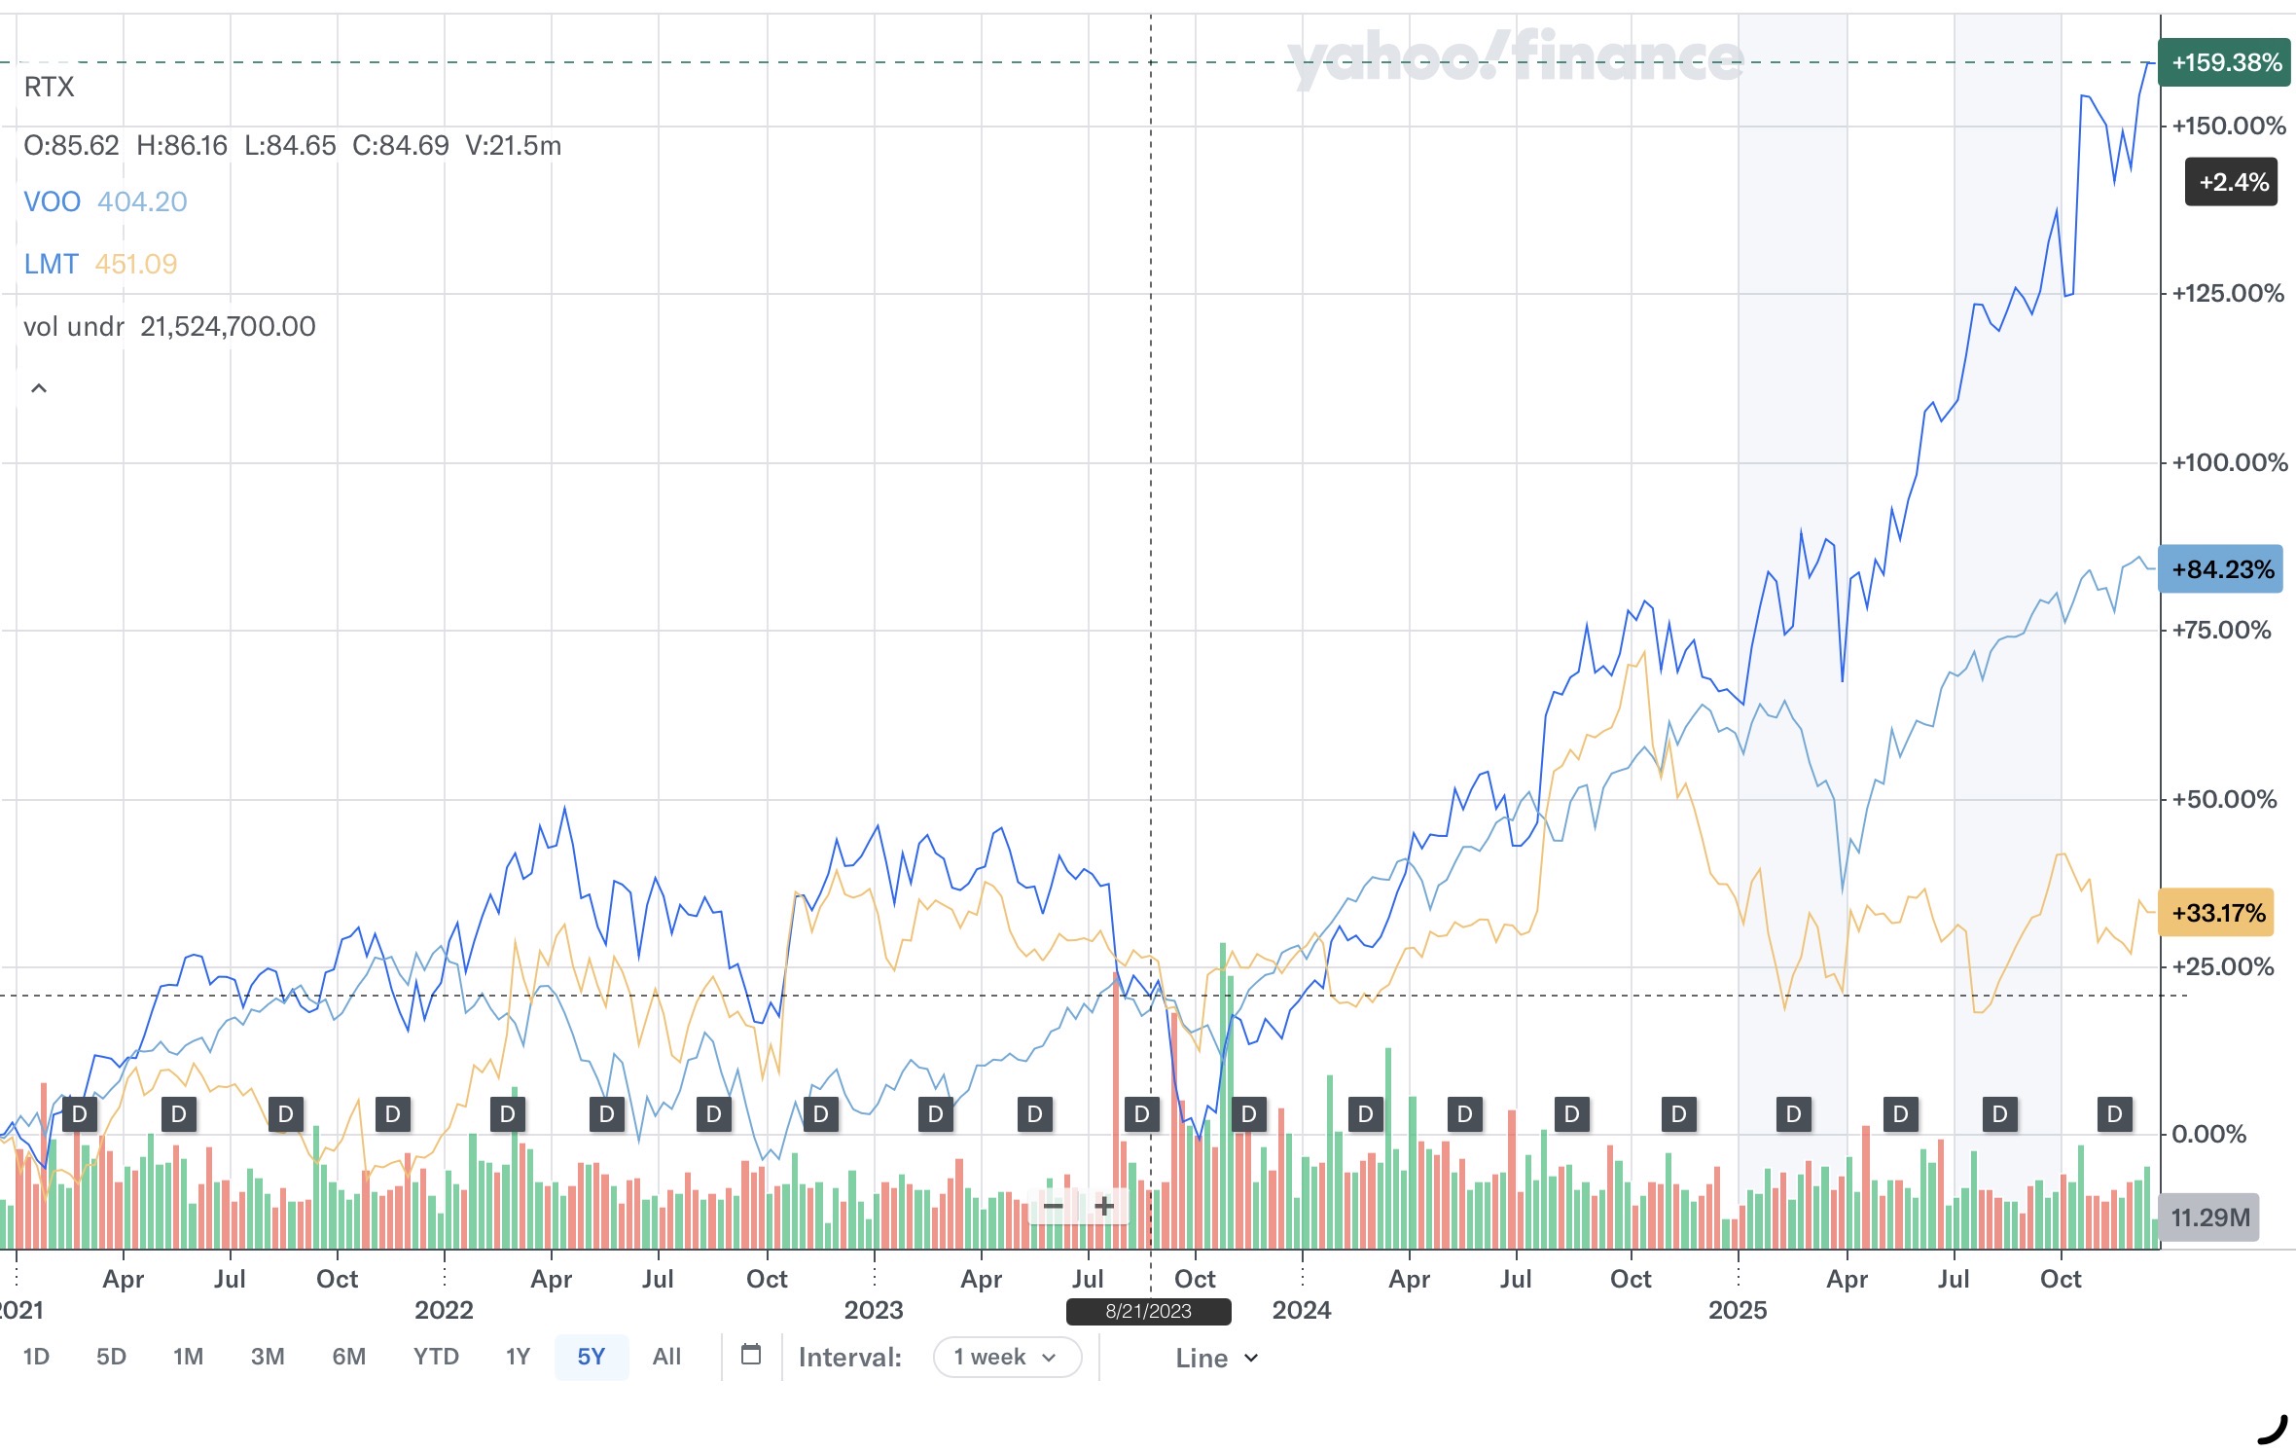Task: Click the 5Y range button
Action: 591,1357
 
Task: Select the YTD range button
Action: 435,1357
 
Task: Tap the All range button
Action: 666,1357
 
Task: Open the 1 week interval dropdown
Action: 1006,1358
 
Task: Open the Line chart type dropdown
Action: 1216,1358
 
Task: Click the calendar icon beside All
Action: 751,1355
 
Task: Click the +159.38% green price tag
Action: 2225,63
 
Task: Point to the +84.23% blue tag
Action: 2221,569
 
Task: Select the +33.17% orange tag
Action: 2216,913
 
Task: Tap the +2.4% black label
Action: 2232,182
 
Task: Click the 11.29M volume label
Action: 2209,1217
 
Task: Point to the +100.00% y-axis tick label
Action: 2229,462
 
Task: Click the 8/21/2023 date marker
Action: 1148,1311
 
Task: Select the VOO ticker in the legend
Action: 52,201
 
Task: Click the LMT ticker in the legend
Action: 51,264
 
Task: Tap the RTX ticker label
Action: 49,88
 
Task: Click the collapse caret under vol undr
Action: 39,388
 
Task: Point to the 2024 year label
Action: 1301,1310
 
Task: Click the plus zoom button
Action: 1104,1207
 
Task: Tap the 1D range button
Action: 36,1357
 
